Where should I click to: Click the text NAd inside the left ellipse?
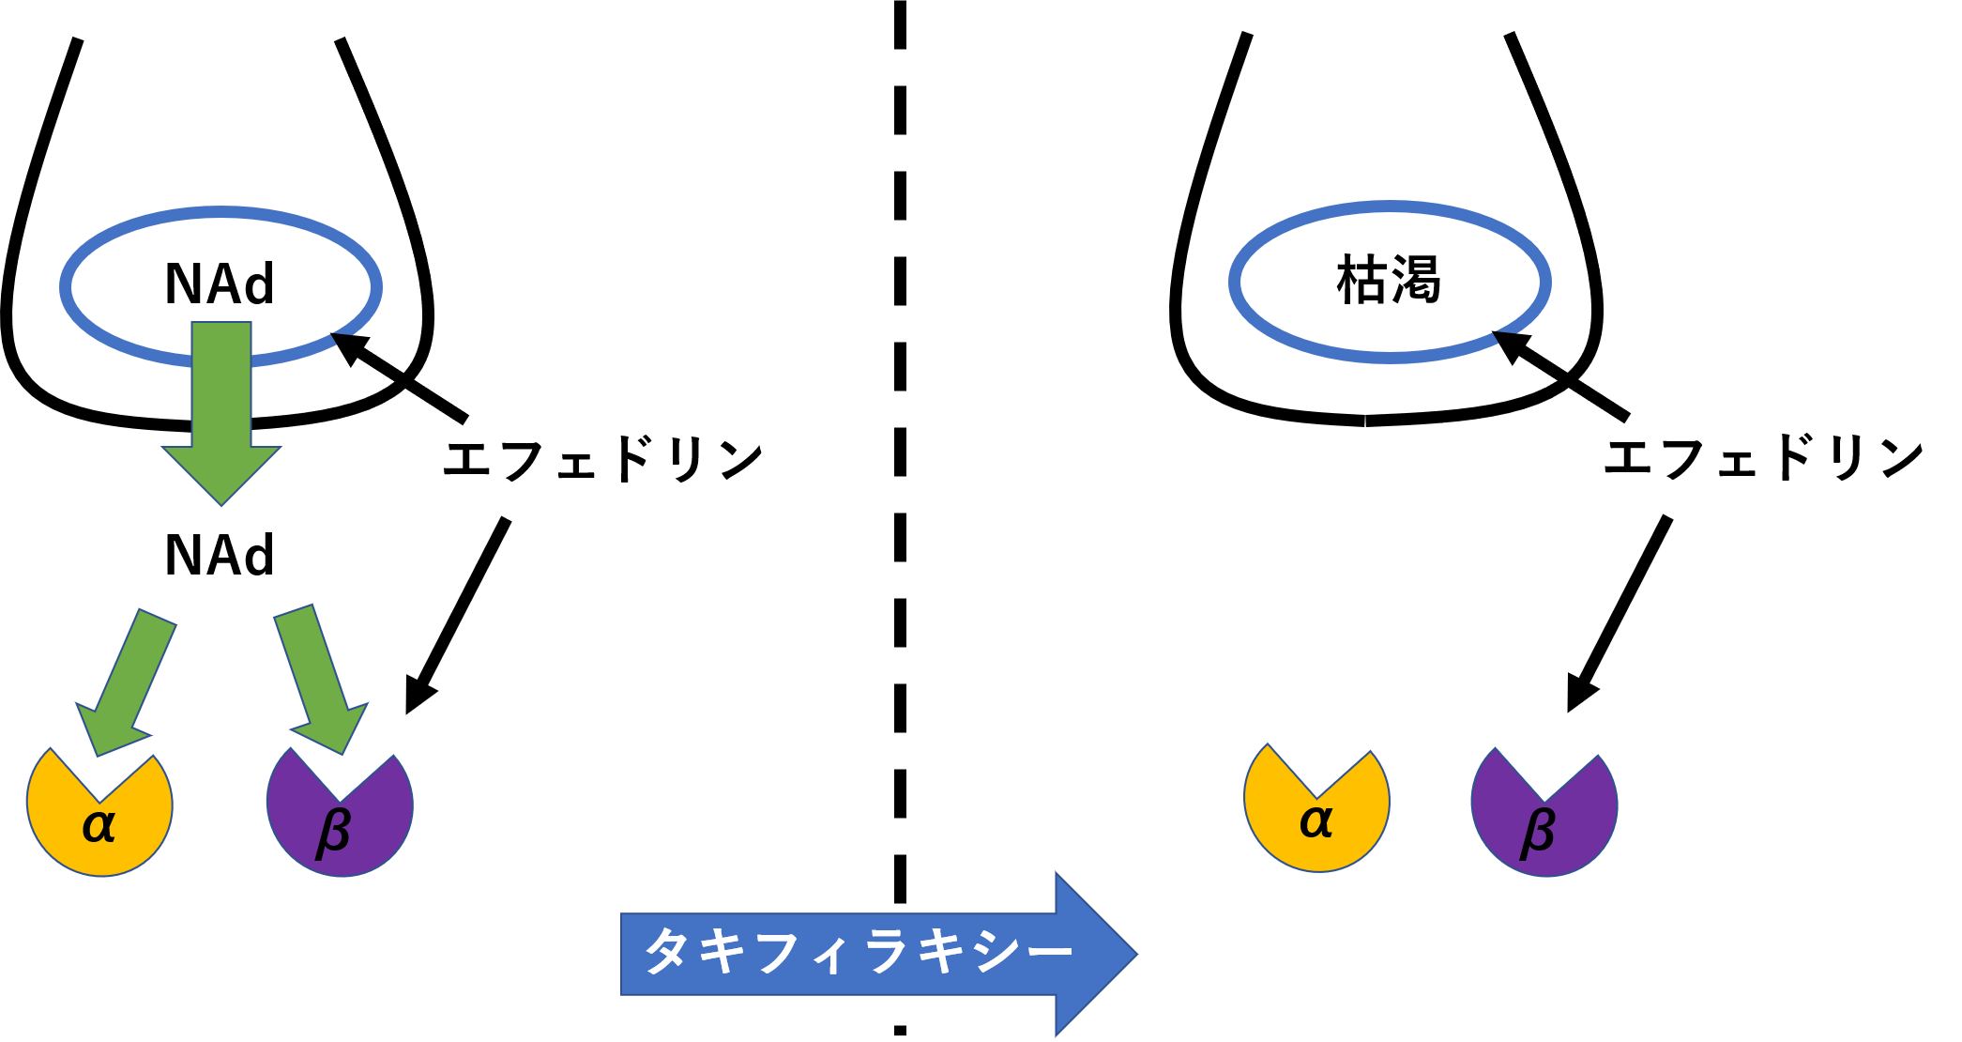click(x=220, y=283)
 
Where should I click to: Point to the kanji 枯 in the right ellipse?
click(x=1363, y=280)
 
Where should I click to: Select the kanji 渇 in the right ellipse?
click(x=1416, y=280)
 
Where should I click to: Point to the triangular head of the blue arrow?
click(x=1093, y=953)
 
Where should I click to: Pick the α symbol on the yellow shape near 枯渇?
click(x=1316, y=821)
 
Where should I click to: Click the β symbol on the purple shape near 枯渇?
click(x=1538, y=831)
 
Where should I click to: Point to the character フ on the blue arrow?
click(x=778, y=951)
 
